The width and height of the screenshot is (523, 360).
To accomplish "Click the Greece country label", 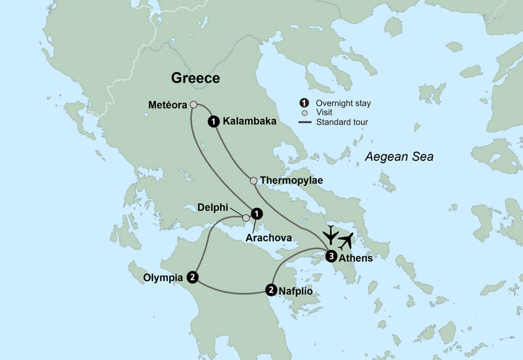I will (x=196, y=78).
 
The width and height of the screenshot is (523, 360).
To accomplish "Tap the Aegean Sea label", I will (x=399, y=156).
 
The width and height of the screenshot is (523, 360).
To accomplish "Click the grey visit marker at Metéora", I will (x=193, y=105).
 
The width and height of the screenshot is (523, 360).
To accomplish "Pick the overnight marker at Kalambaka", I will (x=213, y=121).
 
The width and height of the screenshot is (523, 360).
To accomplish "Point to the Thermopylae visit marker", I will (x=253, y=181).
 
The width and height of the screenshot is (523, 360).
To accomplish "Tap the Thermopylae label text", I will (x=291, y=181).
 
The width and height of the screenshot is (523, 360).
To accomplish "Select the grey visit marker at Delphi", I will (x=246, y=218).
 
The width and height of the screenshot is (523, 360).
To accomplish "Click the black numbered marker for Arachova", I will (x=256, y=213).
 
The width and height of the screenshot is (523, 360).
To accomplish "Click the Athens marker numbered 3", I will (x=331, y=256).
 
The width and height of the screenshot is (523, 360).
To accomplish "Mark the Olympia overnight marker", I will (x=193, y=277).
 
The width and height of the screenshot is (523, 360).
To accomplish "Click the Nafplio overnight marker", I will (x=271, y=289).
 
